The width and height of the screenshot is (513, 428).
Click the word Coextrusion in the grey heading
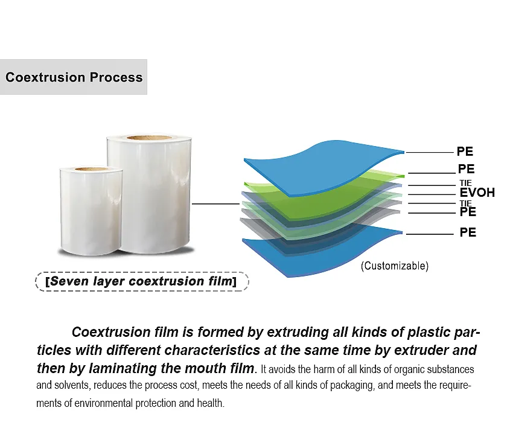point(45,77)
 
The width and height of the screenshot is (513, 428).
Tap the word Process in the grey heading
point(116,77)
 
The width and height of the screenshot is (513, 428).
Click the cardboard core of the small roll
point(92,169)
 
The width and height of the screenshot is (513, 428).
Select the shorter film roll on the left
point(91,211)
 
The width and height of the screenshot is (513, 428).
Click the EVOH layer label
point(477,193)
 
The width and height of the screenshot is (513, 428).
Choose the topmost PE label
point(465,152)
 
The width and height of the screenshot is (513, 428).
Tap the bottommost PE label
point(468,232)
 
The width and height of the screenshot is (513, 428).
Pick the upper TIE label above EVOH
point(465,183)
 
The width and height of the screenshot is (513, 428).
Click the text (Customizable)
point(395,266)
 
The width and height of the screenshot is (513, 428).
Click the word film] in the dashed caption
point(222,281)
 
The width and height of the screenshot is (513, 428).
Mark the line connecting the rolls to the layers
point(215,204)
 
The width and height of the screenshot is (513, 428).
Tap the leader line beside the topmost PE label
point(430,153)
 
